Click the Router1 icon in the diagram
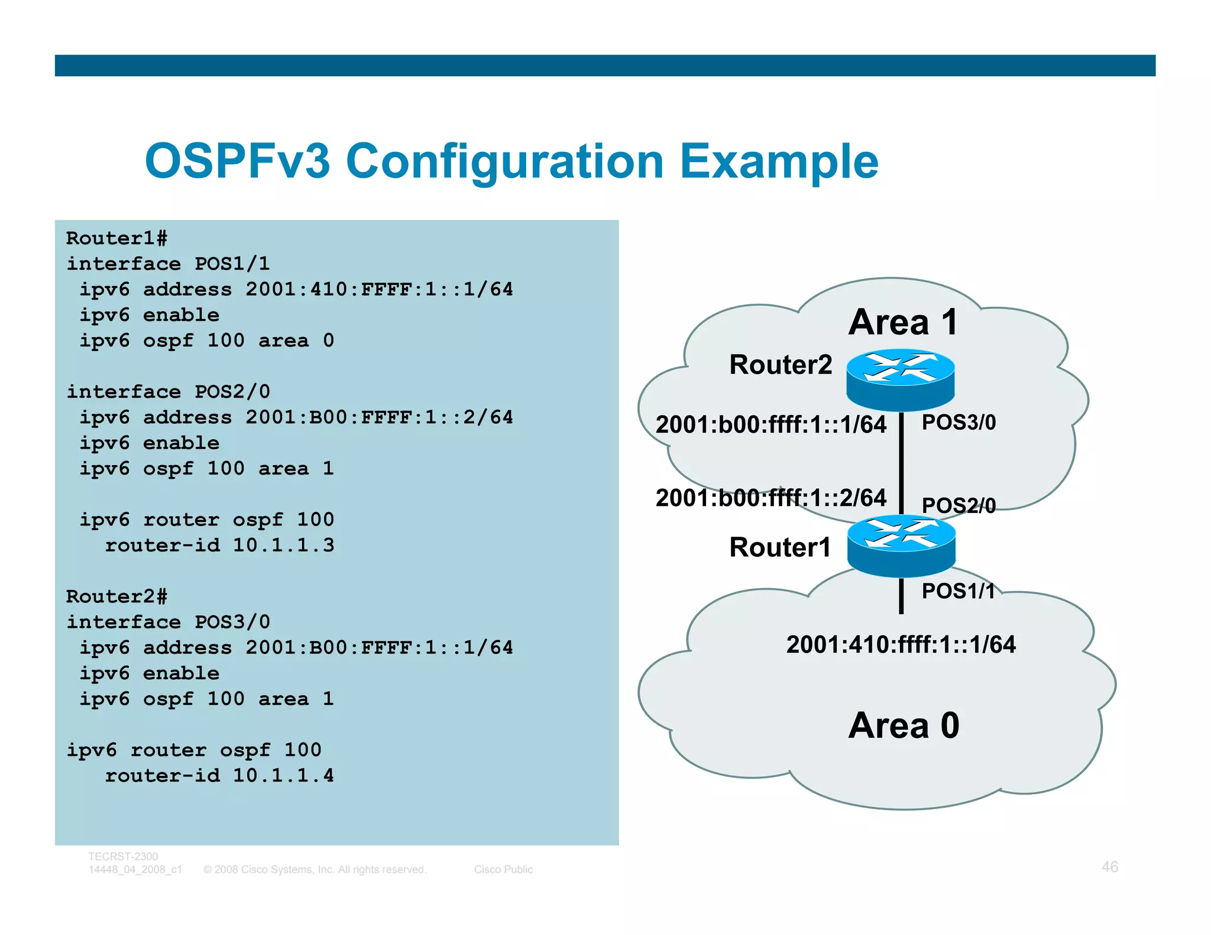[x=901, y=545]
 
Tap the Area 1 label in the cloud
[x=902, y=323]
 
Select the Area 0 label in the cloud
[x=903, y=725]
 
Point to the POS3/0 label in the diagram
[x=959, y=423]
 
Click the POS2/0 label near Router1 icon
[x=959, y=505]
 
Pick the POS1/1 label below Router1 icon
[x=958, y=591]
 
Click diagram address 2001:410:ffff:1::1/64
[x=901, y=645]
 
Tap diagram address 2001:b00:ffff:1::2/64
[x=770, y=498]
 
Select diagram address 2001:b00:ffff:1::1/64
[x=770, y=425]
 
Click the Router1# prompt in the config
[x=116, y=239]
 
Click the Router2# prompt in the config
[x=116, y=597]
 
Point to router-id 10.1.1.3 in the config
[x=219, y=546]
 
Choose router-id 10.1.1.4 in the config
[x=219, y=776]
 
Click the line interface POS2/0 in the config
[x=169, y=392]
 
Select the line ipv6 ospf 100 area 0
[x=207, y=341]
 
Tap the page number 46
[x=1109, y=867]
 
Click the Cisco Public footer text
[x=503, y=869]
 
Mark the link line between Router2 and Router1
[x=901, y=464]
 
